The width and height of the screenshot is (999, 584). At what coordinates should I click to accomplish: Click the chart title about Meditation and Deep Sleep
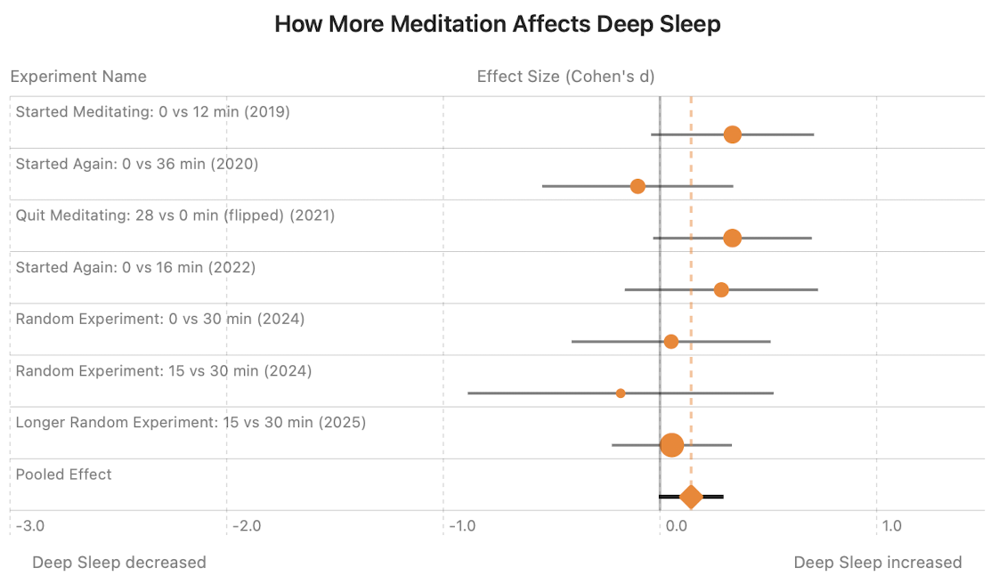[497, 24]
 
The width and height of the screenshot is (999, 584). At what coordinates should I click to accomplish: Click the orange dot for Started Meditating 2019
[732, 134]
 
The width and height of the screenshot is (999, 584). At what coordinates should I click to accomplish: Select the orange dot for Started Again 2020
[638, 186]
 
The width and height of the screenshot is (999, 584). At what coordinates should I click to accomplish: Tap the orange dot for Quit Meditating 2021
[732, 238]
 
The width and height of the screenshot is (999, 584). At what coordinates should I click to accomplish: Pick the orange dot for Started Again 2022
[721, 289]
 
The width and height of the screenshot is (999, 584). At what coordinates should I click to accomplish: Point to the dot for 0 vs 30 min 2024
[670, 342]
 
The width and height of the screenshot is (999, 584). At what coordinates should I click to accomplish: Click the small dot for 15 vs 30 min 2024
[621, 393]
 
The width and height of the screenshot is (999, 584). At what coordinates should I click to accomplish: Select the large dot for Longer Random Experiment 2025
[672, 444]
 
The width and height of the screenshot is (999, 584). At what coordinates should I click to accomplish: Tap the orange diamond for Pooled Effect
[691, 497]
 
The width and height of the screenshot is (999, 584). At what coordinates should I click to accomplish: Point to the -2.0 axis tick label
[247, 526]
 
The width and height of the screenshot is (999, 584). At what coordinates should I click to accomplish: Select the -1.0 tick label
[463, 526]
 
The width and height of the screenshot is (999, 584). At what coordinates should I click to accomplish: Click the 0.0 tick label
[676, 526]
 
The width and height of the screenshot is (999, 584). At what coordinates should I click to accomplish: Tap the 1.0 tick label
[891, 526]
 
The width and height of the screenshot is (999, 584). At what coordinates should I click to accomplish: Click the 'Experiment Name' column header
[78, 77]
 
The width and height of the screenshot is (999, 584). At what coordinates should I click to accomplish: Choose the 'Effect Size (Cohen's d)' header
[565, 77]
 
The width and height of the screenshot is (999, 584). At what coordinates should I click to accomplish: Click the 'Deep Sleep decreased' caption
[119, 563]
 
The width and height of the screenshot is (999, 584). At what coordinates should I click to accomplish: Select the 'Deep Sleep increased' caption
[877, 563]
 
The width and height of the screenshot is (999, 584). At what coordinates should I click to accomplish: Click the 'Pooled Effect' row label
[64, 474]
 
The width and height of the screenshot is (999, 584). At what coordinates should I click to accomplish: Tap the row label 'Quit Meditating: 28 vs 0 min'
[175, 215]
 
